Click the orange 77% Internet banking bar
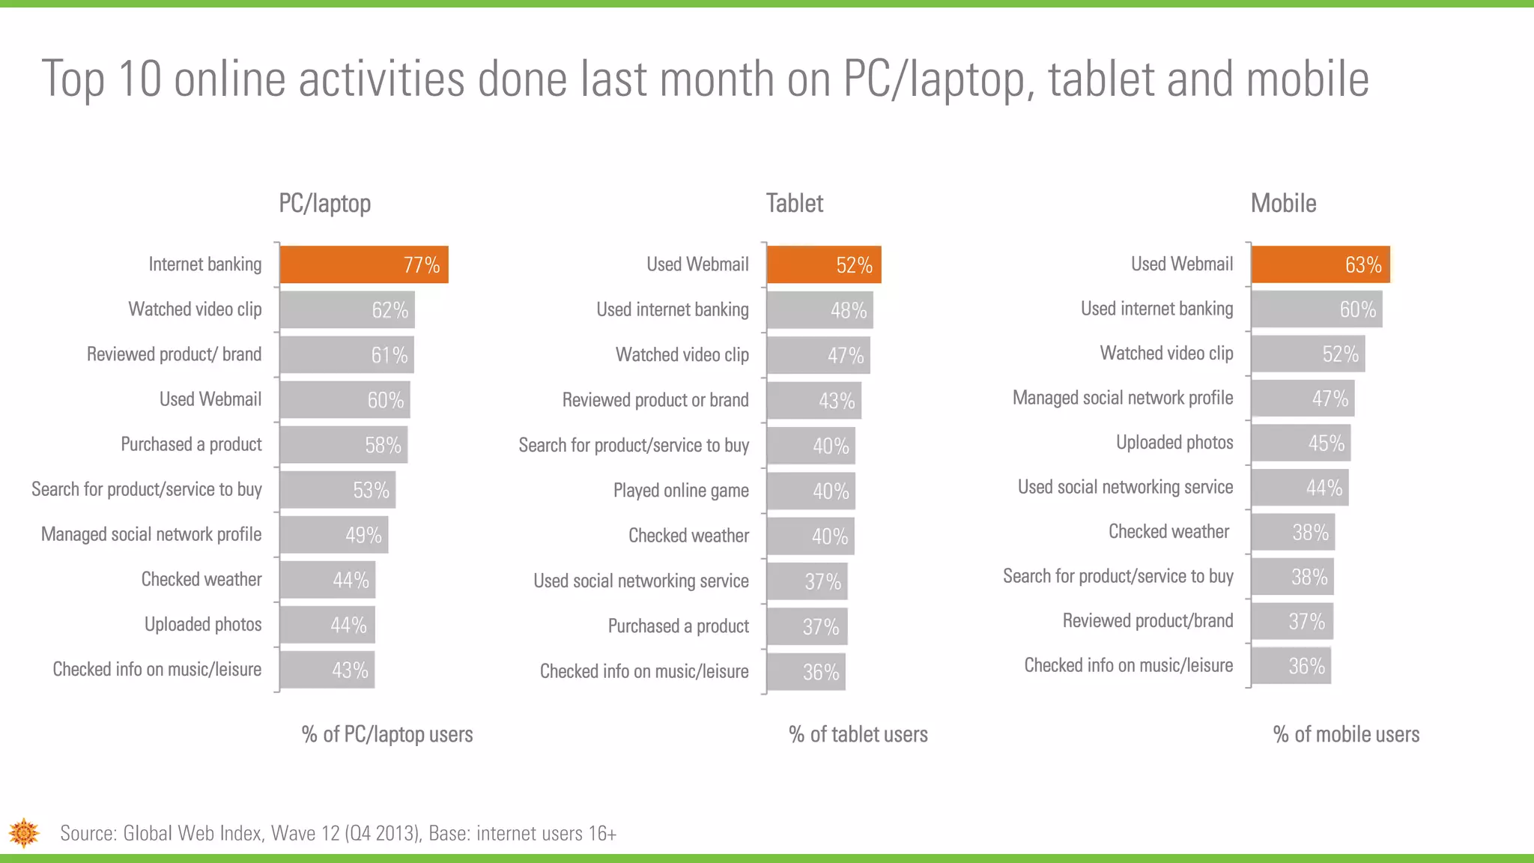pyautogui.click(x=364, y=264)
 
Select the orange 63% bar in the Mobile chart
pyautogui.click(x=1320, y=264)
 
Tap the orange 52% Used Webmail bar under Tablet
pyautogui.click(x=823, y=265)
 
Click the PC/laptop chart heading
pyautogui.click(x=324, y=203)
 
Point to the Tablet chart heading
pyautogui.click(x=794, y=203)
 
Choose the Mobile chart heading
pyautogui.click(x=1283, y=203)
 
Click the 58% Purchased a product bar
pyautogui.click(x=343, y=445)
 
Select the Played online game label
pyautogui.click(x=681, y=491)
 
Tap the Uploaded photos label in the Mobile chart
pyautogui.click(x=1174, y=443)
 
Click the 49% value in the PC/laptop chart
pyautogui.click(x=363, y=535)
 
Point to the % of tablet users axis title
pyautogui.click(x=858, y=734)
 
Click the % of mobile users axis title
pyautogui.click(x=1346, y=734)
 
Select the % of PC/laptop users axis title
pyautogui.click(x=387, y=734)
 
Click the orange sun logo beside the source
pyautogui.click(x=24, y=833)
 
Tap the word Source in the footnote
pyautogui.click(x=87, y=834)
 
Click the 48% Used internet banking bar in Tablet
pyautogui.click(x=819, y=310)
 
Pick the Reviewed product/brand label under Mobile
pyautogui.click(x=1148, y=621)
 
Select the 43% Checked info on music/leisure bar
pyautogui.click(x=327, y=670)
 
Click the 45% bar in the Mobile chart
pyautogui.click(x=1300, y=443)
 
